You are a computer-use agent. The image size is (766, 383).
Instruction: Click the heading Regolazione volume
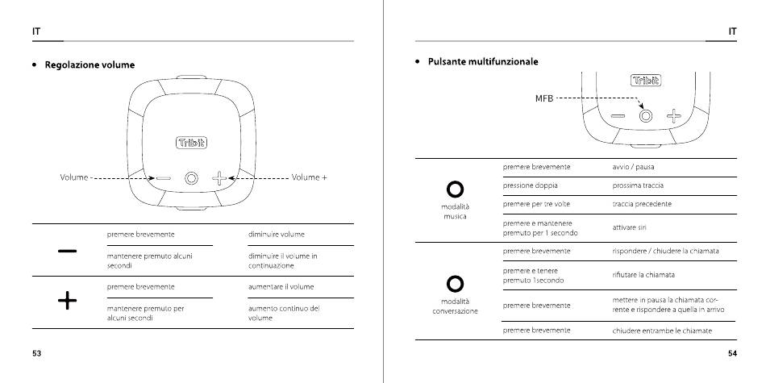(x=90, y=65)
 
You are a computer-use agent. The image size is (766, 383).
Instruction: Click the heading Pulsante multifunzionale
(x=482, y=61)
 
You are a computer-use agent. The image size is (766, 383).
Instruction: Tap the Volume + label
(x=310, y=177)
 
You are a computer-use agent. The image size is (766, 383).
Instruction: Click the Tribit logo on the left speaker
(x=191, y=143)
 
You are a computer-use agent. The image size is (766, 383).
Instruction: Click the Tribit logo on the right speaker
(x=645, y=80)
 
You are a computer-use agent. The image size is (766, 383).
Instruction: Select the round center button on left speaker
(x=191, y=177)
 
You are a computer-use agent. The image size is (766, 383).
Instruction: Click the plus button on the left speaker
(x=219, y=177)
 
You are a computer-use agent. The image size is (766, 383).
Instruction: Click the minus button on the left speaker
(x=164, y=177)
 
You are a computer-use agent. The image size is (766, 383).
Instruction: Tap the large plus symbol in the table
(x=68, y=302)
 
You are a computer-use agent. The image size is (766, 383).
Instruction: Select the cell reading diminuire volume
(x=275, y=235)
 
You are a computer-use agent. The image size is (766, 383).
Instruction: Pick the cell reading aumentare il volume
(x=281, y=286)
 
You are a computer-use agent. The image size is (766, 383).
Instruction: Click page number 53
(x=37, y=354)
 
